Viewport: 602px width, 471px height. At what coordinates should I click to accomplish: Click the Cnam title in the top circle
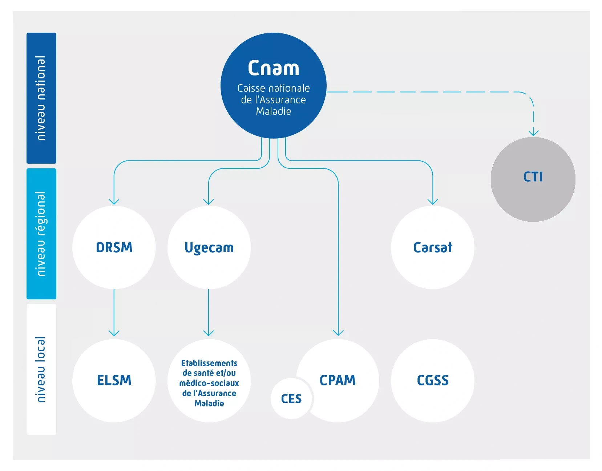(x=273, y=68)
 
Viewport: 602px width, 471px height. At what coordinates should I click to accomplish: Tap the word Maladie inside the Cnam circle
(x=273, y=111)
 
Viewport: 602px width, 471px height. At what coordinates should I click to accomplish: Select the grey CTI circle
(x=533, y=179)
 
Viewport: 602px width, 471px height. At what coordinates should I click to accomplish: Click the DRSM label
(x=114, y=247)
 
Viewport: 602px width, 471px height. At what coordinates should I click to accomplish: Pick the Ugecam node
(x=209, y=247)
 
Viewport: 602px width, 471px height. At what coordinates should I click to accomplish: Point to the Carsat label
(x=433, y=247)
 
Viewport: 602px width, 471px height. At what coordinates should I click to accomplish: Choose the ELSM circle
(x=114, y=380)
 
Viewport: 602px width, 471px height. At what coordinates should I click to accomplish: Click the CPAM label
(x=338, y=380)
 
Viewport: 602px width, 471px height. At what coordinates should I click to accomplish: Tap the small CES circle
(x=291, y=399)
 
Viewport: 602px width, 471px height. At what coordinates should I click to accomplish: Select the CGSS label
(x=433, y=380)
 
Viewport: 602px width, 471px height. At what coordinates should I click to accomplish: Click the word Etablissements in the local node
(x=209, y=363)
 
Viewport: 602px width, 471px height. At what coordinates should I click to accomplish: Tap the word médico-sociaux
(x=209, y=383)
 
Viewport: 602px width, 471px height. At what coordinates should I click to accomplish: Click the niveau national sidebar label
(x=41, y=98)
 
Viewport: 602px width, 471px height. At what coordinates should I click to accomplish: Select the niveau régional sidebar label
(x=41, y=234)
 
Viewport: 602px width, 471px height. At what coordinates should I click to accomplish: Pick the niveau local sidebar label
(x=41, y=369)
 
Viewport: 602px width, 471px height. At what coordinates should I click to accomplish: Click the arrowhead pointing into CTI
(x=533, y=132)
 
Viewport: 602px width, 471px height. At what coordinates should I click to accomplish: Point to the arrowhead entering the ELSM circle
(x=114, y=333)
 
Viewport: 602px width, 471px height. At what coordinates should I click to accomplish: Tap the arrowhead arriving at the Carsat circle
(x=433, y=201)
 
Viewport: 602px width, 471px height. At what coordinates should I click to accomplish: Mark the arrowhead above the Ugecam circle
(x=209, y=201)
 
